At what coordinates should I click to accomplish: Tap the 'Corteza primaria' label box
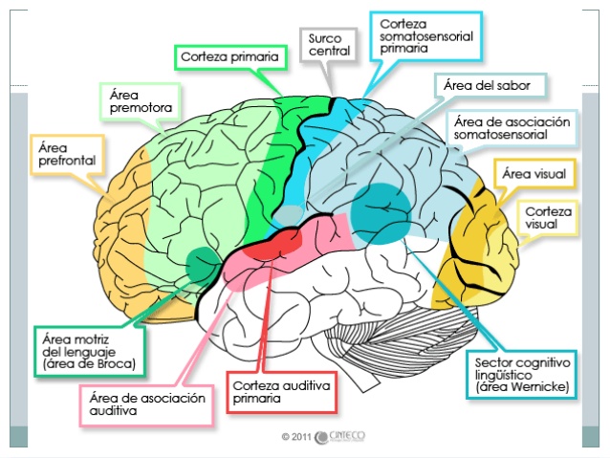(229, 56)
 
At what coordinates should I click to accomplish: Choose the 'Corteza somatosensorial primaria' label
(425, 36)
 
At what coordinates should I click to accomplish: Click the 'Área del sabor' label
(494, 86)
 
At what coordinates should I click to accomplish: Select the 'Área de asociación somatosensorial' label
(512, 128)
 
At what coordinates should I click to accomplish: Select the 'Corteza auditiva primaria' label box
(281, 390)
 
